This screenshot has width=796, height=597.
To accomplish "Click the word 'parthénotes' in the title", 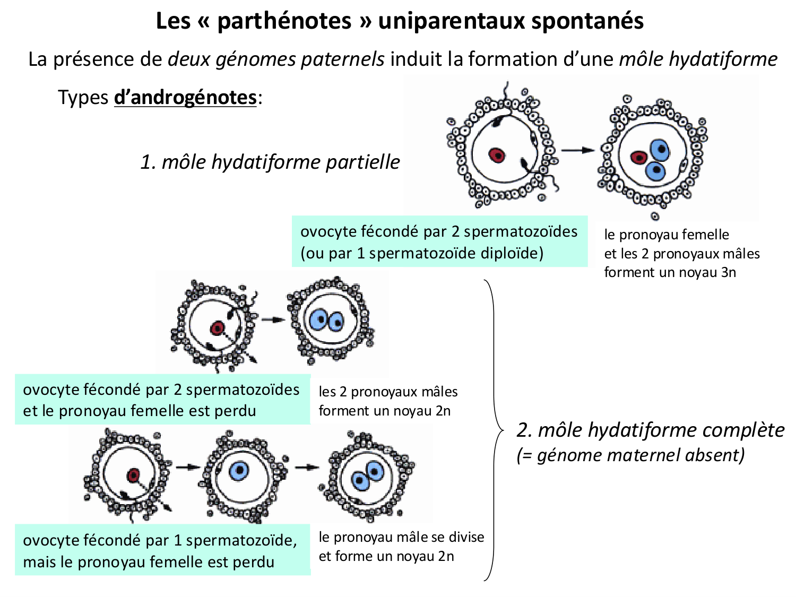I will click(x=284, y=21).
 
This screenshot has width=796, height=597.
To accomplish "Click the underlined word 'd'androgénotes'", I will click(x=185, y=98).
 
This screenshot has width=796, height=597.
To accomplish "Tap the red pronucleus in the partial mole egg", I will click(x=497, y=155).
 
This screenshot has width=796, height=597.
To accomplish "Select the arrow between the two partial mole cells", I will click(x=578, y=151).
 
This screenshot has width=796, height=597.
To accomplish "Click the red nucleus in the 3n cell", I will click(x=639, y=157).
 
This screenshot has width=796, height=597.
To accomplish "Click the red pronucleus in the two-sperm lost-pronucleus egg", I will click(x=217, y=328).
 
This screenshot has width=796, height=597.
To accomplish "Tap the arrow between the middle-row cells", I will click(x=273, y=320).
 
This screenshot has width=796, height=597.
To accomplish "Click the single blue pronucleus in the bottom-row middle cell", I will click(x=239, y=470).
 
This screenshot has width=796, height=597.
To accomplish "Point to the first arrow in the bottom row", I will click(x=187, y=468).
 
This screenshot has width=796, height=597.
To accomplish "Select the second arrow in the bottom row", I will click(x=307, y=468).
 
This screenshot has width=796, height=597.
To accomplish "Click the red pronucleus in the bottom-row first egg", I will click(x=133, y=475).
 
